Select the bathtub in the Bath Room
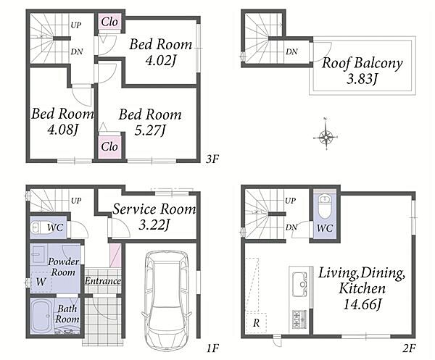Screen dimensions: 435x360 (42, 316)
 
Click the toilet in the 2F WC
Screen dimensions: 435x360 (324, 206)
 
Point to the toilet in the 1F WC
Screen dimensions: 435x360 (39, 227)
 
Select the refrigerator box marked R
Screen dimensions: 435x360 (256, 322)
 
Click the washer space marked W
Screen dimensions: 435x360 (41, 282)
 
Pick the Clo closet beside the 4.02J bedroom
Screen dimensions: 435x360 (109, 22)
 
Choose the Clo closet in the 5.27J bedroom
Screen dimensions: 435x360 (109, 146)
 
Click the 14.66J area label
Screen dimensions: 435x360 (362, 305)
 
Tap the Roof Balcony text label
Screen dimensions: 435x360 (362, 62)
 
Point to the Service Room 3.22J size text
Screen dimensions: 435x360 (154, 225)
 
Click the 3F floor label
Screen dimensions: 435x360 (212, 159)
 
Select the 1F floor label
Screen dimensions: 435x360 (212, 348)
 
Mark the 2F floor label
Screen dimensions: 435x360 (409, 348)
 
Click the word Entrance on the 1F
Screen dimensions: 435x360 (103, 281)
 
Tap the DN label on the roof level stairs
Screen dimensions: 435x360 (291, 51)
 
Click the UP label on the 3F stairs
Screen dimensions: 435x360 (75, 25)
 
